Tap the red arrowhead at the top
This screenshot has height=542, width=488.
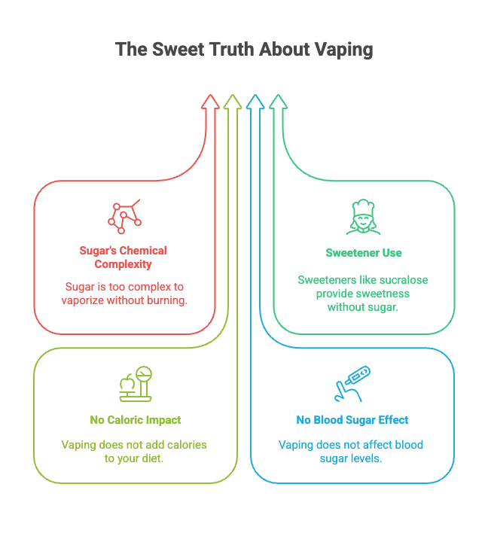tap(210, 102)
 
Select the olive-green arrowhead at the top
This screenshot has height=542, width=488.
tap(233, 102)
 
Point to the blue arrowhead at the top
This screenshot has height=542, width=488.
tap(255, 102)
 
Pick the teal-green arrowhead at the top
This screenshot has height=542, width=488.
tap(278, 102)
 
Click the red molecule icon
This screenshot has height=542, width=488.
tap(124, 217)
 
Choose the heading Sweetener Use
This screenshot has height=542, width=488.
tap(364, 253)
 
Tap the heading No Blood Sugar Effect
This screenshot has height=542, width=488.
tap(352, 420)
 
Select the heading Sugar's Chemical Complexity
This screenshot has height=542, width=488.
tap(124, 257)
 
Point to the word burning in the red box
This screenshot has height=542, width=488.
tap(167, 300)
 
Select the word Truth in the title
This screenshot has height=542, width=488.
tap(229, 50)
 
